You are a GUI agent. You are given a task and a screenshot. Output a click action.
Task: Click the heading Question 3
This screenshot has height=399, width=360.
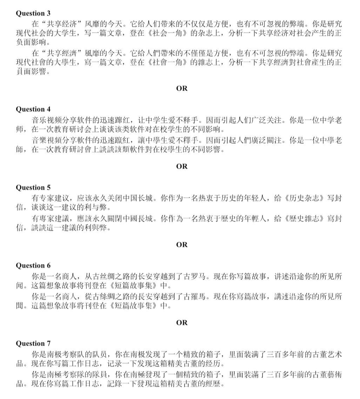point(33,13)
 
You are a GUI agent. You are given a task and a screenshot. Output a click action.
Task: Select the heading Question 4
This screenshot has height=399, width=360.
point(33,109)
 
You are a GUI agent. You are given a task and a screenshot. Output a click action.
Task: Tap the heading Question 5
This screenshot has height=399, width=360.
point(33,187)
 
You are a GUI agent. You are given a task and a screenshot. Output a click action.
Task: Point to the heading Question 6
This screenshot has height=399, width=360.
point(33,266)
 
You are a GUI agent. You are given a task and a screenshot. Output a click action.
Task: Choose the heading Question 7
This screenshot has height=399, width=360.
point(33,343)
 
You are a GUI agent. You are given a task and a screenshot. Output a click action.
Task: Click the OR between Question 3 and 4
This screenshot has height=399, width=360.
point(182,89)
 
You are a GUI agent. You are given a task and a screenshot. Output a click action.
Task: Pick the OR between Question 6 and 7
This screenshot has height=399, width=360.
point(182,322)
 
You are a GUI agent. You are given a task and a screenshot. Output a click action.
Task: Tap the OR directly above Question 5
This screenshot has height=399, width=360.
point(182,166)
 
